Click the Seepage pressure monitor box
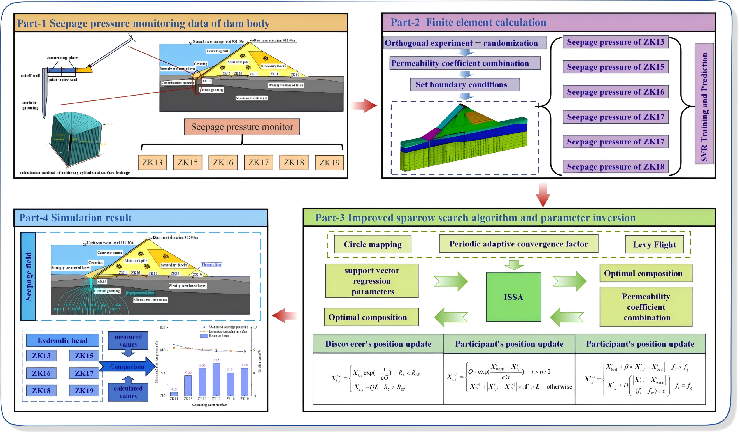242,127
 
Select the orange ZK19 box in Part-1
329,163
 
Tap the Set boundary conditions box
464,84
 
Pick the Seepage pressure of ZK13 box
616,42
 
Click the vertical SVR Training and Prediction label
704,104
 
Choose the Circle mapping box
372,244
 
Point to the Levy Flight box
654,244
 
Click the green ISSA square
513,297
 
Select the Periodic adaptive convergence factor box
518,244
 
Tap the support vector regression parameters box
372,281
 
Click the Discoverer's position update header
378,344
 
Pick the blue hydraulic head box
63,341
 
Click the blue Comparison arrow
127,366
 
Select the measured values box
128,341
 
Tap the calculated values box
128,392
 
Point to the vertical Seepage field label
29,276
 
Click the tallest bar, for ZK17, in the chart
216,379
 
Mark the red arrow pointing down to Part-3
543,195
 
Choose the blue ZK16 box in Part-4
41,373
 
